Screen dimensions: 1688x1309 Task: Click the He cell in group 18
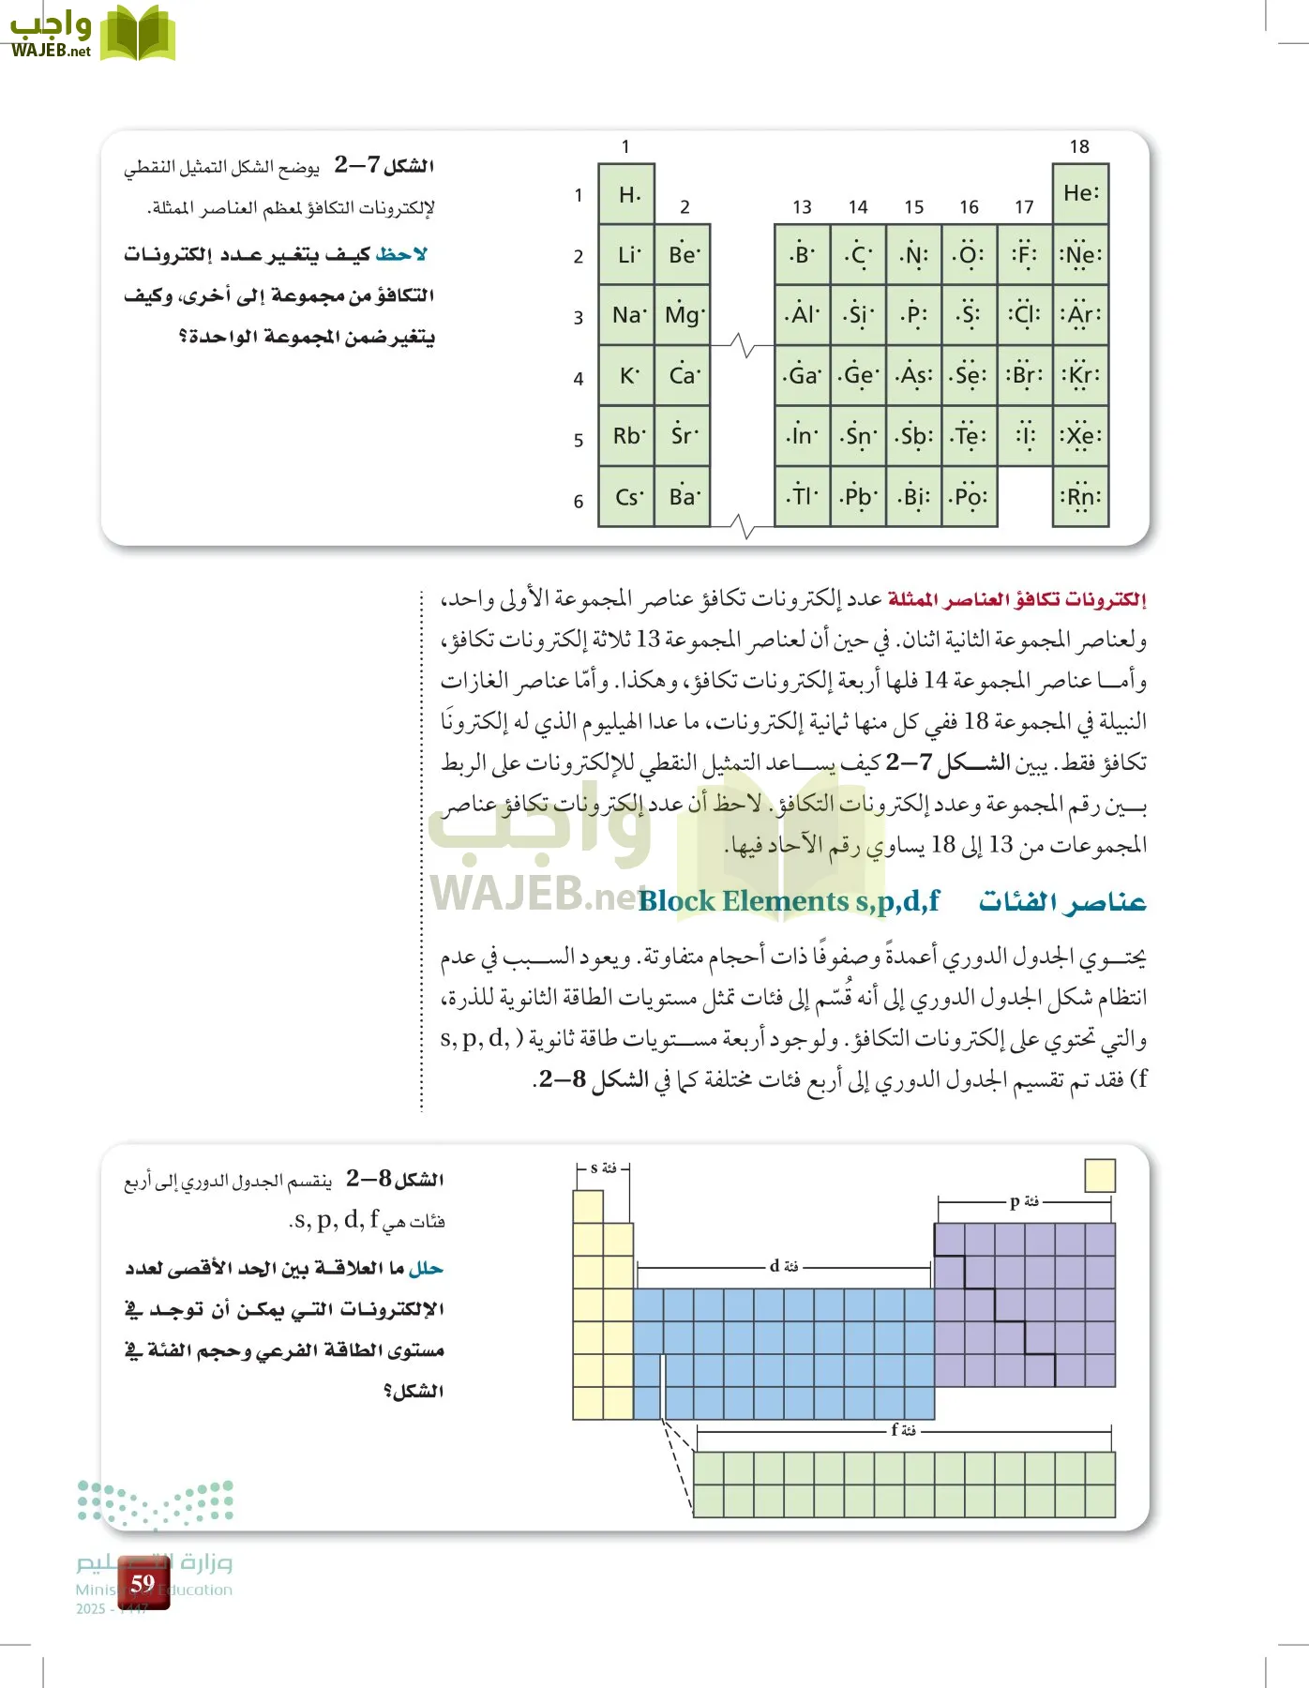[1080, 193]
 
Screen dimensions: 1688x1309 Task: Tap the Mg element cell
[684, 315]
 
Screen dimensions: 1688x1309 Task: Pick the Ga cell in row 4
[802, 375]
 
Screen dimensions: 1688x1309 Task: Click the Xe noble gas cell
[1080, 436]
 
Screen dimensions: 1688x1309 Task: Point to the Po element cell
[969, 497]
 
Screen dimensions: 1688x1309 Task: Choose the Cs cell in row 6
[627, 497]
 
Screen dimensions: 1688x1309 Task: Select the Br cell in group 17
[1024, 375]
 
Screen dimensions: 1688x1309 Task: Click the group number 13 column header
[802, 207]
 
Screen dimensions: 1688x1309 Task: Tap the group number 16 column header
[969, 207]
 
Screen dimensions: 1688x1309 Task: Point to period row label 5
[579, 440]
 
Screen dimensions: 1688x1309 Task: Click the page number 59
[143, 1583]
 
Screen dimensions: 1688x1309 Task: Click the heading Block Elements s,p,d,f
[789, 901]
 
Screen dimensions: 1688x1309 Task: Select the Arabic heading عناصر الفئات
[1062, 901]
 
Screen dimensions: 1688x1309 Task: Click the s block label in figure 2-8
[603, 1168]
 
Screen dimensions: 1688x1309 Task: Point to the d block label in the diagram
[784, 1266]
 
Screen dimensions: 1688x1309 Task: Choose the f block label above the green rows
[903, 1430]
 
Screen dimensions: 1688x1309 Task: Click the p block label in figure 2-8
[1024, 1201]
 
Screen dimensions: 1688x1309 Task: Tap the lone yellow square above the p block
[1099, 1175]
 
